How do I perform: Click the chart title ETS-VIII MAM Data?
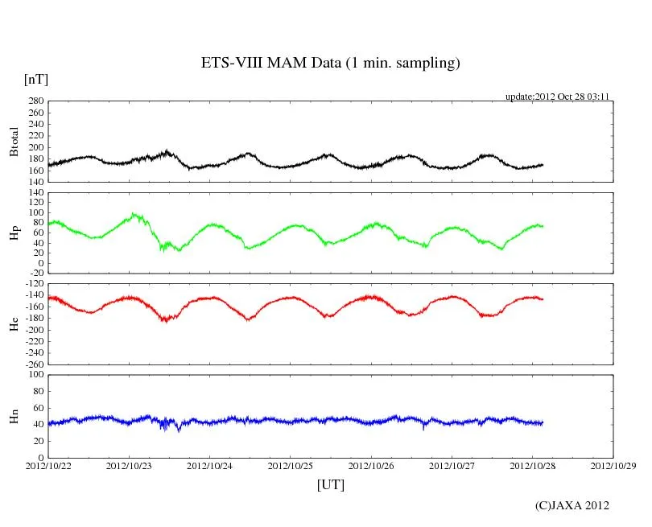pyautogui.click(x=330, y=64)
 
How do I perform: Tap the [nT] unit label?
pyautogui.click(x=36, y=79)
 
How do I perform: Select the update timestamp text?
pyautogui.click(x=556, y=97)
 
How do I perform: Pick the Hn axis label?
pyautogui.click(x=14, y=416)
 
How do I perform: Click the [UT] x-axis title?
pyautogui.click(x=330, y=484)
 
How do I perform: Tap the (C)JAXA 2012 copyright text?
pyautogui.click(x=572, y=505)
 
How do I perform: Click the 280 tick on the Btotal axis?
pyautogui.click(x=35, y=101)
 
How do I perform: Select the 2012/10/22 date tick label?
pyautogui.click(x=48, y=465)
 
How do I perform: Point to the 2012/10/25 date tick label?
pyautogui.click(x=291, y=465)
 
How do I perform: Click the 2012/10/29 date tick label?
pyautogui.click(x=613, y=465)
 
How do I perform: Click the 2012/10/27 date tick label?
pyautogui.click(x=452, y=465)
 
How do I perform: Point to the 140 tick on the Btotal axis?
pyautogui.click(x=35, y=182)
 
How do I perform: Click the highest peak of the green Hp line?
pyautogui.click(x=134, y=214)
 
